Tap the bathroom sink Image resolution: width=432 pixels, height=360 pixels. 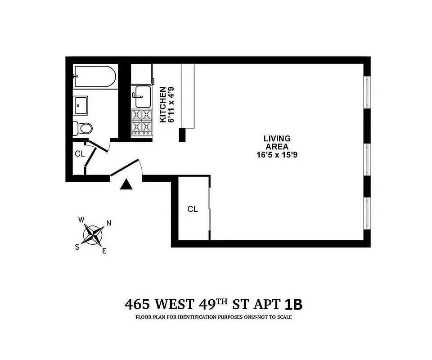tap(81, 106)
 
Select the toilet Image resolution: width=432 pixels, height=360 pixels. tap(84, 128)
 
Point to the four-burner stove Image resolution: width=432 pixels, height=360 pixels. tap(142, 122)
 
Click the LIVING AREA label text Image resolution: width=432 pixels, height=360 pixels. tap(277, 143)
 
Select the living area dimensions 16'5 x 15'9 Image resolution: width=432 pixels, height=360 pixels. tap(277, 155)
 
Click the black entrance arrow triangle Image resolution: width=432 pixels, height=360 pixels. tap(127, 184)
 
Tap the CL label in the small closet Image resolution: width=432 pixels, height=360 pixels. tap(80, 153)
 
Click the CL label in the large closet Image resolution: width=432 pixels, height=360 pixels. tap(193, 209)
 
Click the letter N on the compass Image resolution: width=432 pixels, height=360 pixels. tap(109, 223)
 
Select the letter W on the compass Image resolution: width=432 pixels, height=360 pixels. tap(81, 220)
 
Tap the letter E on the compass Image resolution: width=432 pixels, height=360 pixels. tap(104, 251)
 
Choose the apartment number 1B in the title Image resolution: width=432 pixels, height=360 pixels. tap(293, 304)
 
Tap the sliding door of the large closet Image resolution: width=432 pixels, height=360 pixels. tap(210, 209)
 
